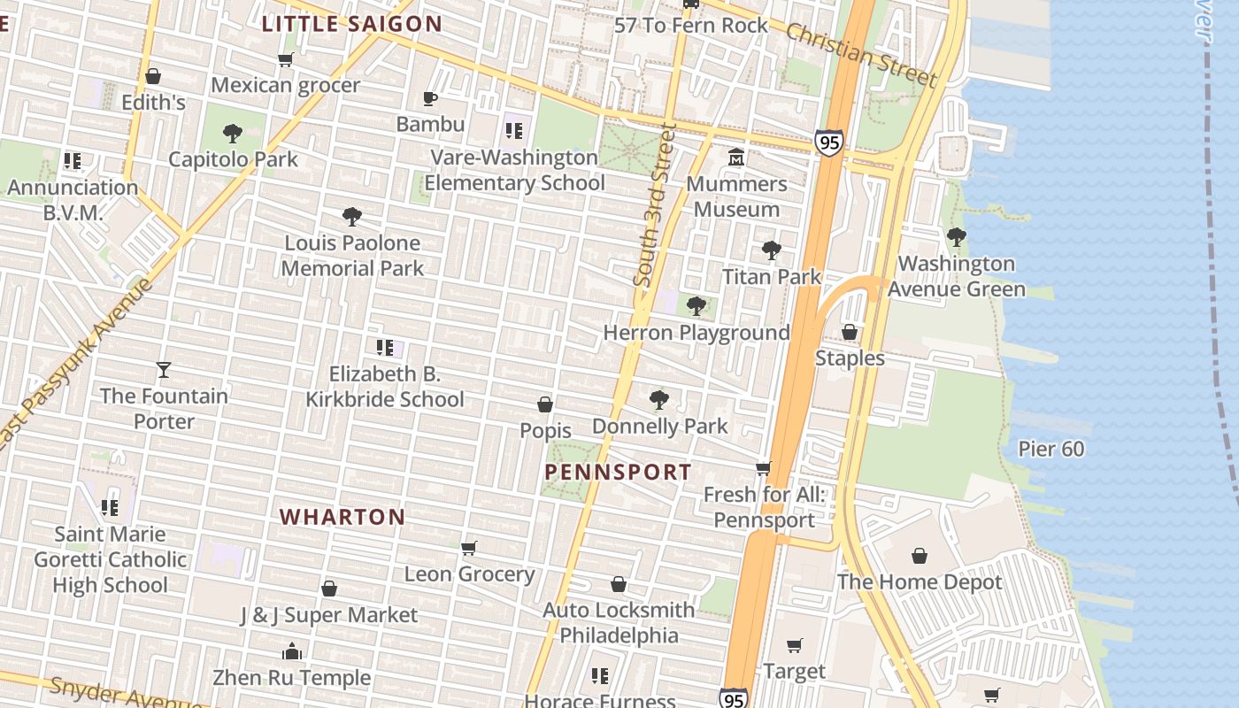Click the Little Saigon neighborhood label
click(x=351, y=24)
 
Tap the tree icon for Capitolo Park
click(x=233, y=134)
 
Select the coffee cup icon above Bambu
click(x=430, y=98)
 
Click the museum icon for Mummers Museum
click(x=735, y=158)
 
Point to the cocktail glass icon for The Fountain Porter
click(x=164, y=369)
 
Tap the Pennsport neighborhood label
click(x=618, y=472)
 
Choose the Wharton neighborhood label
click(x=342, y=517)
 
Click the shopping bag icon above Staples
click(x=850, y=332)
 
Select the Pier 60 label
click(x=1050, y=449)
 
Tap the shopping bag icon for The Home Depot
click(x=920, y=556)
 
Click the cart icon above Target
click(x=795, y=645)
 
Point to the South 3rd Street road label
click(x=655, y=205)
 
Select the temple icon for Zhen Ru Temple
click(x=292, y=652)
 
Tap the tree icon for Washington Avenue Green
click(x=956, y=237)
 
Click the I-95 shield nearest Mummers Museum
click(x=829, y=142)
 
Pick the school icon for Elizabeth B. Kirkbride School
click(x=384, y=348)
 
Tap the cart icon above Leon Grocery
click(x=469, y=548)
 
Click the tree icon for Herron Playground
click(x=696, y=306)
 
